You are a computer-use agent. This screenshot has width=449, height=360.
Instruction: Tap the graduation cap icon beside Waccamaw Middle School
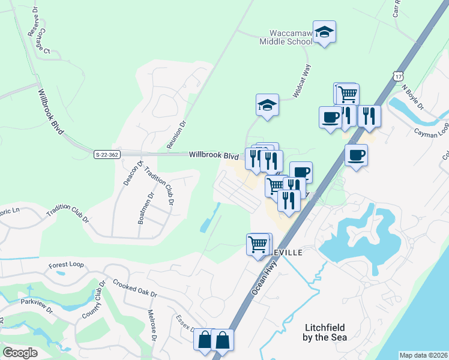[324, 32]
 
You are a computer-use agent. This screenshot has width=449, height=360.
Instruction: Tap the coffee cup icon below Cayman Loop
[356, 155]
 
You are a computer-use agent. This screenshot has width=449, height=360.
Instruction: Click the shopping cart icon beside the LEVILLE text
[258, 244]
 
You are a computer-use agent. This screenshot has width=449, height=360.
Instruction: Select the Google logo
[20, 353]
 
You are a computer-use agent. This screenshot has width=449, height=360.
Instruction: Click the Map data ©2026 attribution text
[423, 355]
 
